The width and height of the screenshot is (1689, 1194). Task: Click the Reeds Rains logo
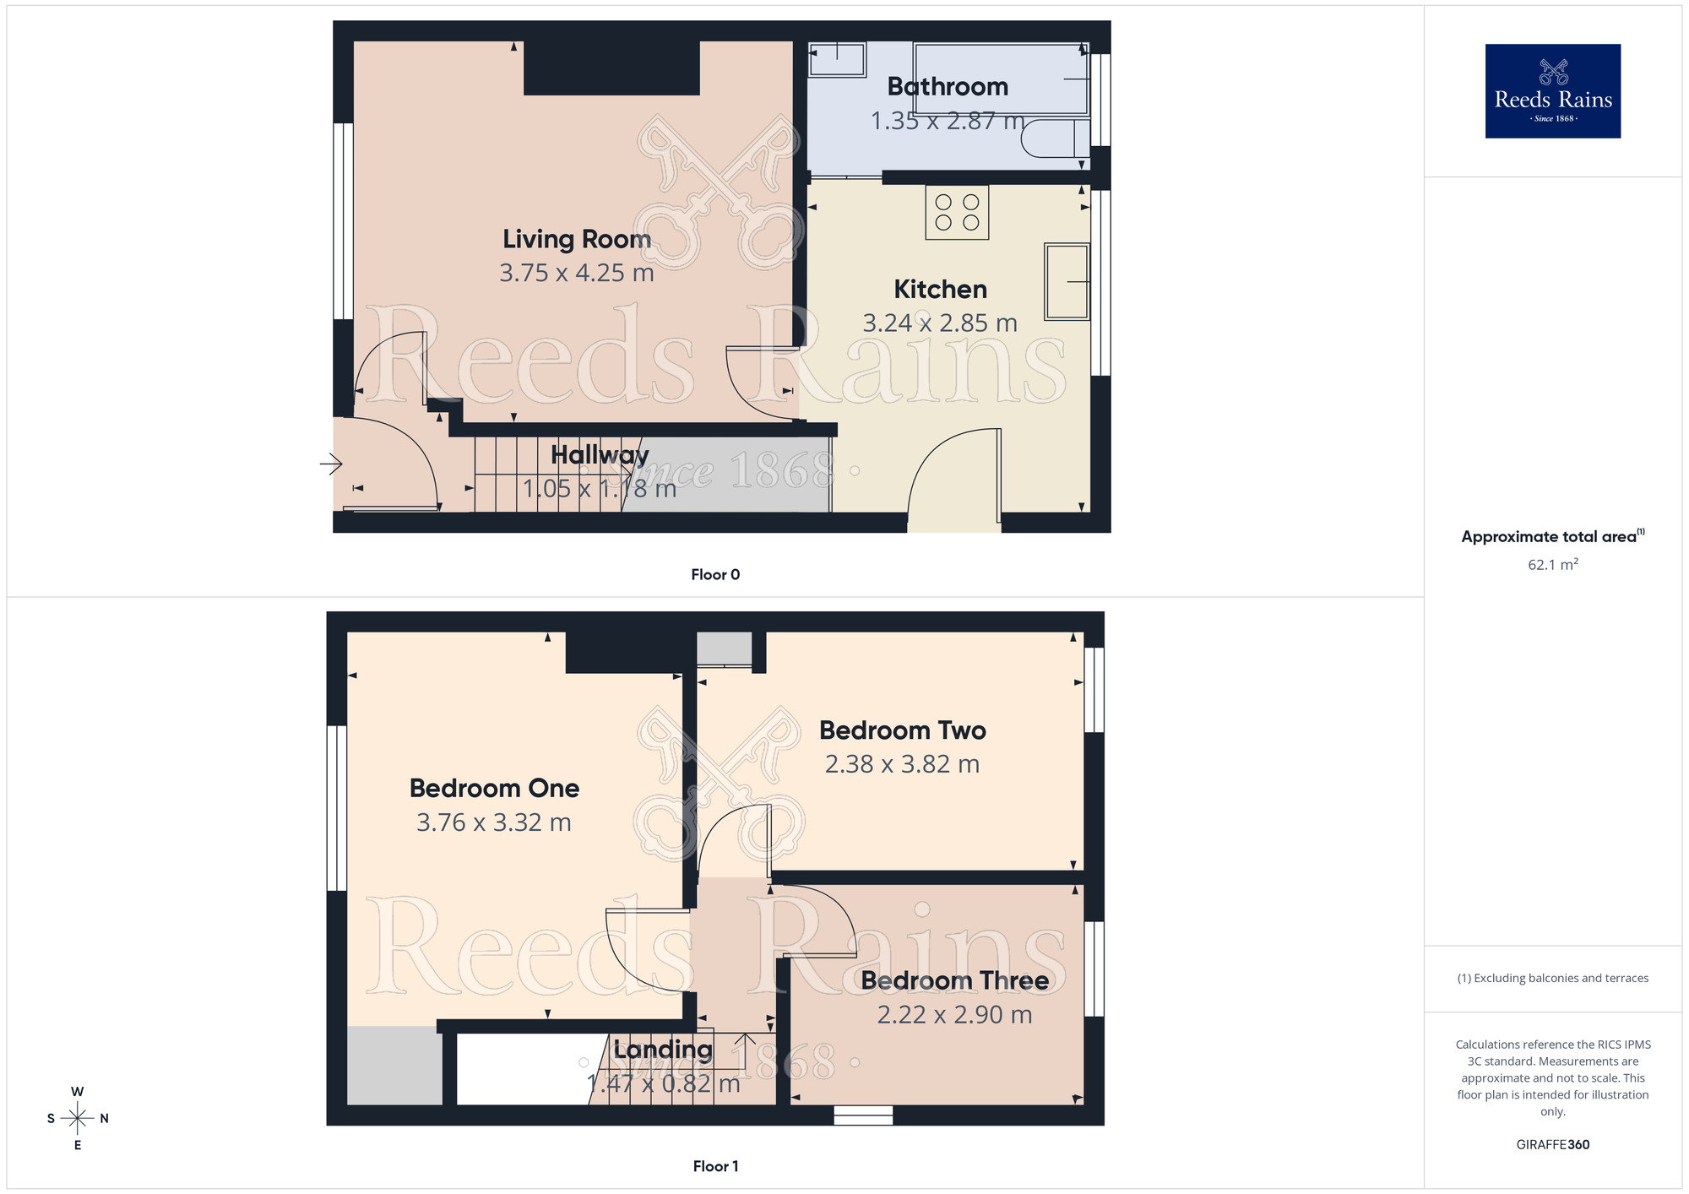click(1552, 91)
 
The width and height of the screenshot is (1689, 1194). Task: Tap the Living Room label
click(577, 239)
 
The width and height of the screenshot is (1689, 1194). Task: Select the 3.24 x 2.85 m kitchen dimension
click(939, 323)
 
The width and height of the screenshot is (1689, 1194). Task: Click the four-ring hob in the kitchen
click(957, 213)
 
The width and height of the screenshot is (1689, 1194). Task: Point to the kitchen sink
click(1067, 281)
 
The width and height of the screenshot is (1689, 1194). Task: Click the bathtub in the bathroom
click(1001, 79)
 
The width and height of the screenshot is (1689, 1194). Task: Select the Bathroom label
click(948, 86)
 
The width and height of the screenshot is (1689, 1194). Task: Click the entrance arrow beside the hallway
click(330, 464)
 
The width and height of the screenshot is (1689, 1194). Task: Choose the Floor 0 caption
click(715, 574)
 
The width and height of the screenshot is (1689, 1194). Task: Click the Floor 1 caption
click(715, 1166)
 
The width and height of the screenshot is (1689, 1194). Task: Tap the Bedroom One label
click(494, 788)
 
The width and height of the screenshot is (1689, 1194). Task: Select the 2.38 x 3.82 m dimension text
click(902, 764)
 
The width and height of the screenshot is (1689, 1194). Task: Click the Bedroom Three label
click(954, 980)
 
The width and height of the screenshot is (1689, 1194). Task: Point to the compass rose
click(78, 1119)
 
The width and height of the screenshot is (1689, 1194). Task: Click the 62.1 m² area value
click(1552, 564)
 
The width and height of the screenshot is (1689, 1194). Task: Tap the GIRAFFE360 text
click(1552, 1145)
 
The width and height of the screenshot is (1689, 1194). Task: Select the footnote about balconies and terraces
click(1552, 978)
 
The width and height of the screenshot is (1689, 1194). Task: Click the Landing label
click(662, 1050)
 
